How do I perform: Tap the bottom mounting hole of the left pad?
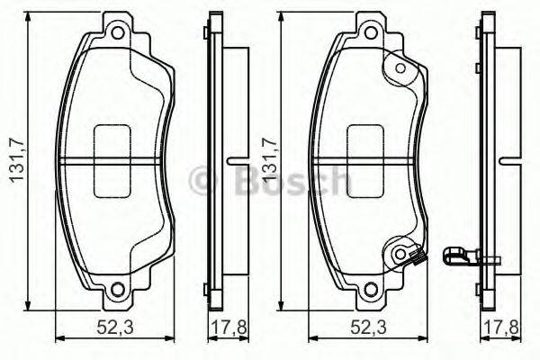116,290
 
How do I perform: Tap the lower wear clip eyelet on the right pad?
399,255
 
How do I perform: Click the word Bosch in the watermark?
288,181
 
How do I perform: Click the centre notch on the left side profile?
236,163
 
